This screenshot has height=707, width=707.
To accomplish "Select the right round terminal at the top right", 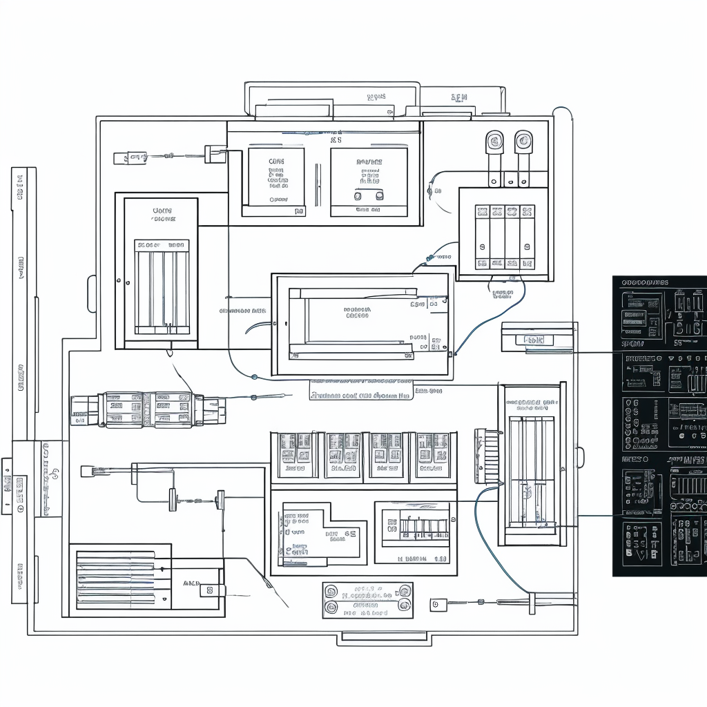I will coord(523,142).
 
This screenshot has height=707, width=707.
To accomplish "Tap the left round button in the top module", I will coord(358,196).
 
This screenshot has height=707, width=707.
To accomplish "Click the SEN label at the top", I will coord(459,98).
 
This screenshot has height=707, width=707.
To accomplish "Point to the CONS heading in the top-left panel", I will coord(276,162).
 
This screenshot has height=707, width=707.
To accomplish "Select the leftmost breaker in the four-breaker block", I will coord(482,237).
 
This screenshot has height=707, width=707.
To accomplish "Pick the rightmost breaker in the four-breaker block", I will coord(527,237).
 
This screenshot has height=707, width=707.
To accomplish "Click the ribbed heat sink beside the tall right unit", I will coord(485,456).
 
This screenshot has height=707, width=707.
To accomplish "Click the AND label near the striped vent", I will coord(191,583).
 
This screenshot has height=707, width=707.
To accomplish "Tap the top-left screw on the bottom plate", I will coord(331,592).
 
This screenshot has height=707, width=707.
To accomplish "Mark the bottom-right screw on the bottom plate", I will coord(405,608).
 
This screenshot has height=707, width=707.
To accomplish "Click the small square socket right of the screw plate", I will coord(435,605).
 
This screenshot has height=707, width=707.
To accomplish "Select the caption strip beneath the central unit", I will coord(360,396).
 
